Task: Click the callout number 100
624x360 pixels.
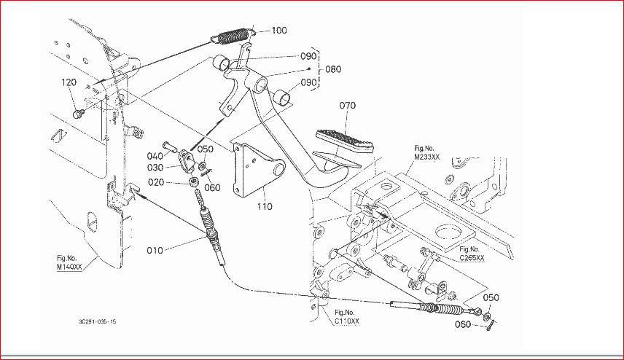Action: click(279, 31)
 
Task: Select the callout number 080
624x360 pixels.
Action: click(333, 70)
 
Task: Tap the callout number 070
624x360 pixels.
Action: click(347, 106)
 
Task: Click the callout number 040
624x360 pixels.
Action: click(155, 156)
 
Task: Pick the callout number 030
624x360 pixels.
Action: click(155, 168)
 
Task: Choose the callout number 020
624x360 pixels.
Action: click(156, 182)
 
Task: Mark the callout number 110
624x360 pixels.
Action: click(264, 206)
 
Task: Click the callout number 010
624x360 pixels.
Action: click(155, 251)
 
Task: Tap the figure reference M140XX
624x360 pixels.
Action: click(70, 267)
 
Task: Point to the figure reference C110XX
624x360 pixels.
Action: click(346, 321)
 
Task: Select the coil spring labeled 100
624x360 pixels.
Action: click(233, 34)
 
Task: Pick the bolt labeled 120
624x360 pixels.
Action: click(79, 113)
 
